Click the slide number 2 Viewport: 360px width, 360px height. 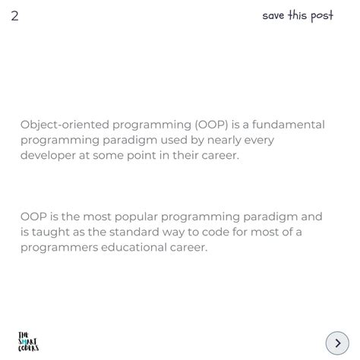click(x=14, y=16)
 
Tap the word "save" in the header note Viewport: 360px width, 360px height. click(x=273, y=16)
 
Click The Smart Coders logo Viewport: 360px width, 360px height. click(x=28, y=342)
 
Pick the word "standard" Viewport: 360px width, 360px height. click(x=141, y=232)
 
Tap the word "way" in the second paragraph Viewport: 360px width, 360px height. click(x=182, y=232)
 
